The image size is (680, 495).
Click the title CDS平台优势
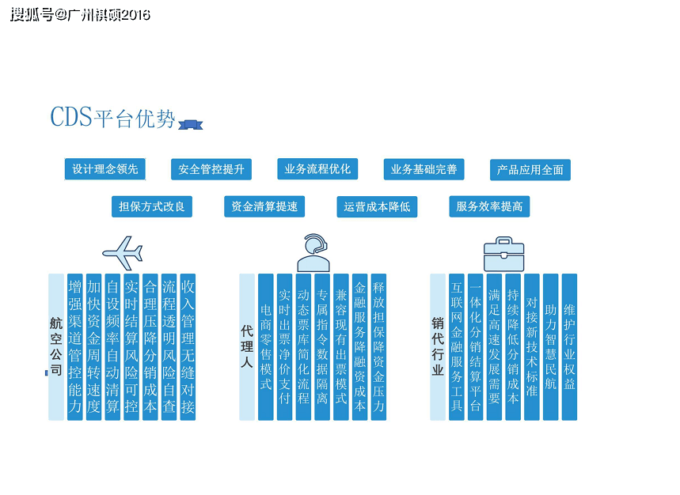(112, 118)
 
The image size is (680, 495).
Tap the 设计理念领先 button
(105, 169)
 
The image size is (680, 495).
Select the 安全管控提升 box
(211, 169)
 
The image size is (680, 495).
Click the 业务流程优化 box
(317, 168)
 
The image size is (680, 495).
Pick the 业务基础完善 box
(424, 169)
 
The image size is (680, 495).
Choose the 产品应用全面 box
(530, 170)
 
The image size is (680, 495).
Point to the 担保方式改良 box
(152, 206)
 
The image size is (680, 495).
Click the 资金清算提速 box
(264, 206)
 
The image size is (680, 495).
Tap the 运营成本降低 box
(377, 207)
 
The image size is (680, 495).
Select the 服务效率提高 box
(489, 206)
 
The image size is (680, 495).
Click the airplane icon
(123, 252)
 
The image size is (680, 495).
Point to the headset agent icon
(313, 252)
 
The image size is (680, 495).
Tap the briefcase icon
(504, 253)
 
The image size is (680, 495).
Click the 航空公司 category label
(56, 346)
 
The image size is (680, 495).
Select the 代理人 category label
(247, 346)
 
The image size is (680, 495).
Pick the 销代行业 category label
(438, 346)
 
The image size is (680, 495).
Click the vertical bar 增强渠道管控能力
(75, 346)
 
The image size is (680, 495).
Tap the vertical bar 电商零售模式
(266, 346)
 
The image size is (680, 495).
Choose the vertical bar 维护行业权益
(569, 346)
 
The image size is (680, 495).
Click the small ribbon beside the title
(191, 123)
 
